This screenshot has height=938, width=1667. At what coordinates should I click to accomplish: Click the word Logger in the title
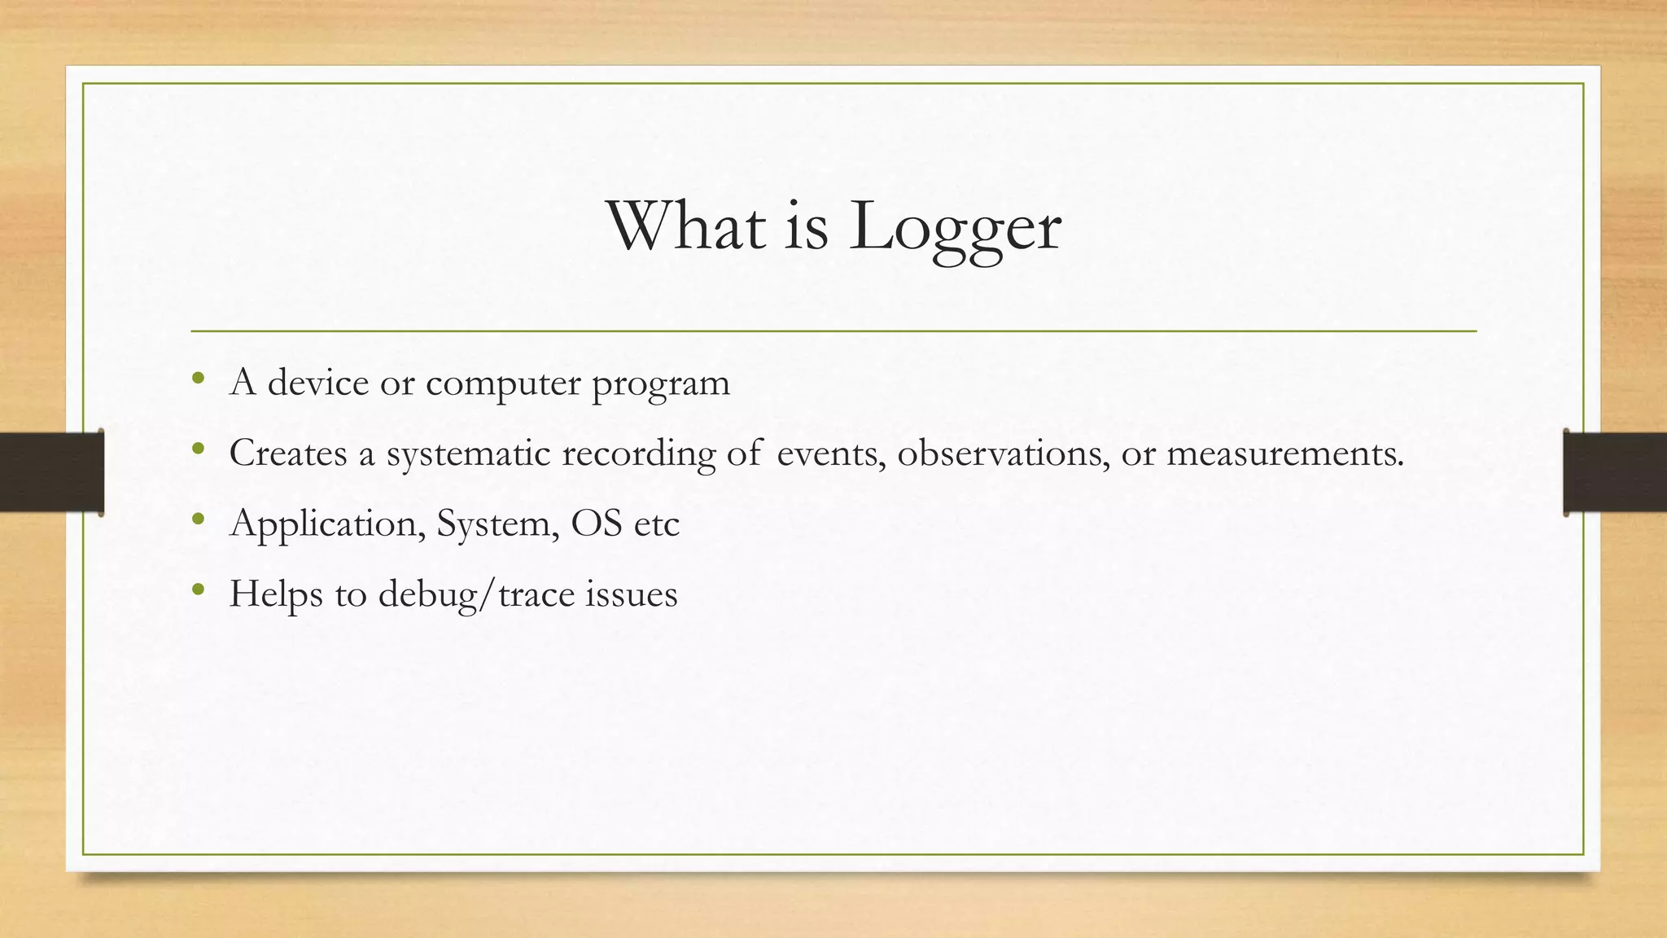tap(955, 227)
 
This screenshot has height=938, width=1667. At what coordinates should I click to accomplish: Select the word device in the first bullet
tap(317, 383)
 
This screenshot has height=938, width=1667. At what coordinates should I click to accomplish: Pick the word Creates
tap(288, 453)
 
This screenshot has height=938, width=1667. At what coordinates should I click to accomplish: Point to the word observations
tap(1003, 454)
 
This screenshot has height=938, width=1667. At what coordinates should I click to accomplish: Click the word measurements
tap(1284, 454)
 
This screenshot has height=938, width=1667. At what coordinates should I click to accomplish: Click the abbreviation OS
tap(597, 524)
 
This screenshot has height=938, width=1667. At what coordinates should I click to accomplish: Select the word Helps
tap(276, 594)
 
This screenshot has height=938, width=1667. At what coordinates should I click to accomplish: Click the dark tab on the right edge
tap(1615, 472)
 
